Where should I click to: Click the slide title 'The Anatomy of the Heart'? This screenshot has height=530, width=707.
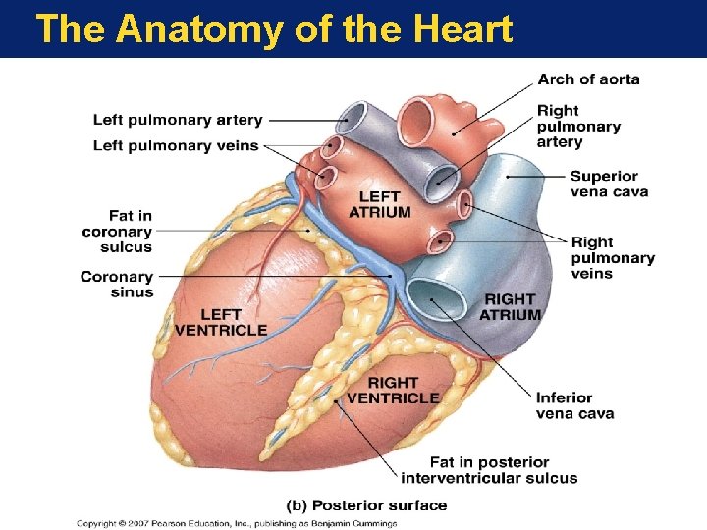click(273, 29)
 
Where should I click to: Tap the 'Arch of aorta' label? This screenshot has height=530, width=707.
click(588, 79)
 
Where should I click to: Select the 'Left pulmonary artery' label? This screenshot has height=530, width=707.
click(178, 121)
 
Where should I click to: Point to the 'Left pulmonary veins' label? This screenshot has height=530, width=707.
click(176, 146)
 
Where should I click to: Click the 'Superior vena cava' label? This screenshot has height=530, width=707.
click(609, 184)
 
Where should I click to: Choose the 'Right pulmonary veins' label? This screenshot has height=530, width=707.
click(613, 257)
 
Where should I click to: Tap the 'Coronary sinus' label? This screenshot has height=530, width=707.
click(117, 285)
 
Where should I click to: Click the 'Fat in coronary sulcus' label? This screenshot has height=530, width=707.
click(117, 232)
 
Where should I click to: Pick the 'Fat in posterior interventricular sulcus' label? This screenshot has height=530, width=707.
click(489, 470)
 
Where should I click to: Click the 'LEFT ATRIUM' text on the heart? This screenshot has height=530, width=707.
click(379, 205)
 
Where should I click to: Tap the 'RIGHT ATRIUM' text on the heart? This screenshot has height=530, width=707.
click(510, 307)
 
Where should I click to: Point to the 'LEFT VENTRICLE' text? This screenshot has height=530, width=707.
click(220, 322)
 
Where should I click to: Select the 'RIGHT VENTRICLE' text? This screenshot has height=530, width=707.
click(393, 390)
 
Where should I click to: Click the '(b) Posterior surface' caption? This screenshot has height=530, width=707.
click(366, 506)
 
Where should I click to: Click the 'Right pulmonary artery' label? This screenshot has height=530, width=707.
click(578, 127)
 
